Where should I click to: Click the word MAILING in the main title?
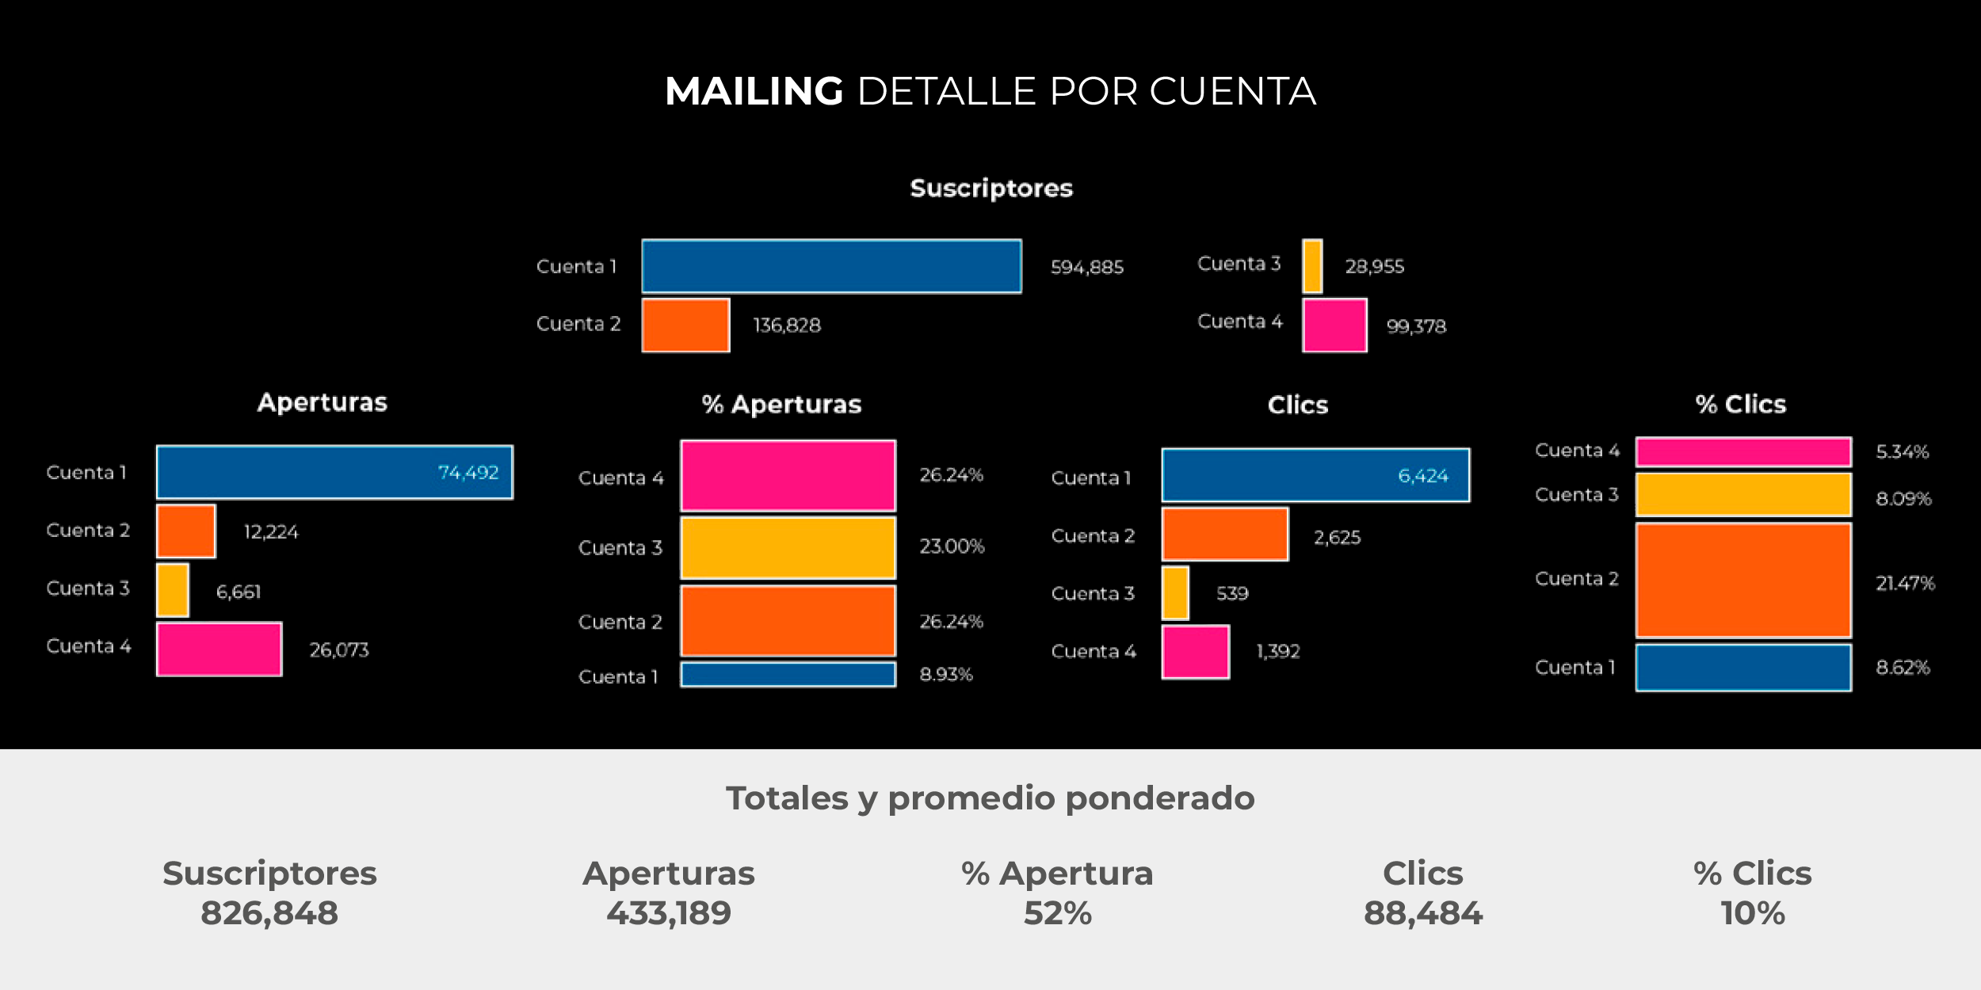pyautogui.click(x=754, y=91)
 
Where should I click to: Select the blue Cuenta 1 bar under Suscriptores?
pyautogui.click(x=831, y=266)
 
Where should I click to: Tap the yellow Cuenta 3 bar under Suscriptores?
pyautogui.click(x=1312, y=266)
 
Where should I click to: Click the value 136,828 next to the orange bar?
pyautogui.click(x=787, y=325)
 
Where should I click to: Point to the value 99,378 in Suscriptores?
pyautogui.click(x=1416, y=326)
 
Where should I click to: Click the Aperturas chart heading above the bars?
pyautogui.click(x=323, y=402)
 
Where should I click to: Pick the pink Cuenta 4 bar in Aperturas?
pyautogui.click(x=219, y=649)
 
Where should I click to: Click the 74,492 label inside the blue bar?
pyautogui.click(x=468, y=472)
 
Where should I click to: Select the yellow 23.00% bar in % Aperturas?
pyautogui.click(x=788, y=548)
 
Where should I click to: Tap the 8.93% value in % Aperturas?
pyautogui.click(x=946, y=674)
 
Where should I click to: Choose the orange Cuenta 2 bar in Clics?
pyautogui.click(x=1225, y=535)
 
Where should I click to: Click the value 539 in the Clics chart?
pyautogui.click(x=1232, y=593)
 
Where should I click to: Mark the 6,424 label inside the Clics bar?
pyautogui.click(x=1423, y=475)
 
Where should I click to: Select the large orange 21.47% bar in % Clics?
pyautogui.click(x=1744, y=581)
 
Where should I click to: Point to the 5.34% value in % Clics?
pyautogui.click(x=1903, y=451)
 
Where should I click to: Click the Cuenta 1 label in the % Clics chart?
pyautogui.click(x=1574, y=668)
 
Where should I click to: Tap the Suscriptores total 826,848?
pyautogui.click(x=269, y=913)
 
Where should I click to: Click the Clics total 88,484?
pyautogui.click(x=1423, y=913)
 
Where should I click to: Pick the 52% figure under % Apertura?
pyautogui.click(x=1058, y=913)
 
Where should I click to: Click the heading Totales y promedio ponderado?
pyautogui.click(x=990, y=798)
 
